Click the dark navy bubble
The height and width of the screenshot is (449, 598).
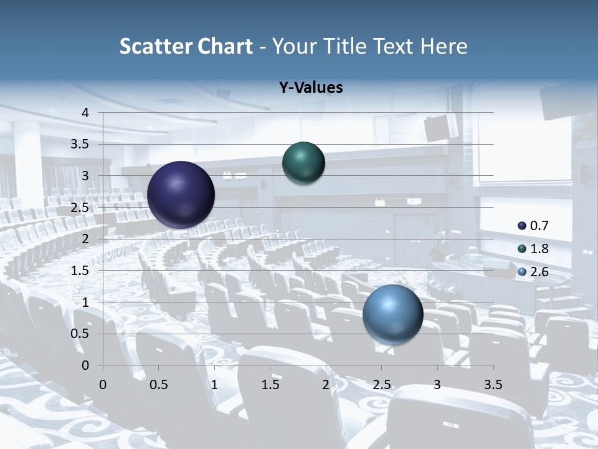[181, 195]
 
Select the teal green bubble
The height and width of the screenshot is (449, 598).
[303, 163]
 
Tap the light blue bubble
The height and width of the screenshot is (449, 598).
[392, 314]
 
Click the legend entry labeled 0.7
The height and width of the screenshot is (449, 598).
[533, 226]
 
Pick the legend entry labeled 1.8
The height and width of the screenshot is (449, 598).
[533, 249]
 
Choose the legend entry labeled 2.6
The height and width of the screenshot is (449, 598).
[533, 272]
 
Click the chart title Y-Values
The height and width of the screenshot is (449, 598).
[310, 88]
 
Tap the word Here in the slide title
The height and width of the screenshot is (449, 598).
[443, 46]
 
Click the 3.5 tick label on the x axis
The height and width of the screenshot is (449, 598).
[493, 385]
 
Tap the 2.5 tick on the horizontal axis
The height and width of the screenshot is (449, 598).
[381, 385]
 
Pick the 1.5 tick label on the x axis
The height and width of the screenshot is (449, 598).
[270, 385]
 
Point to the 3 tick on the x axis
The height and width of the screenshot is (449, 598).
[437, 385]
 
